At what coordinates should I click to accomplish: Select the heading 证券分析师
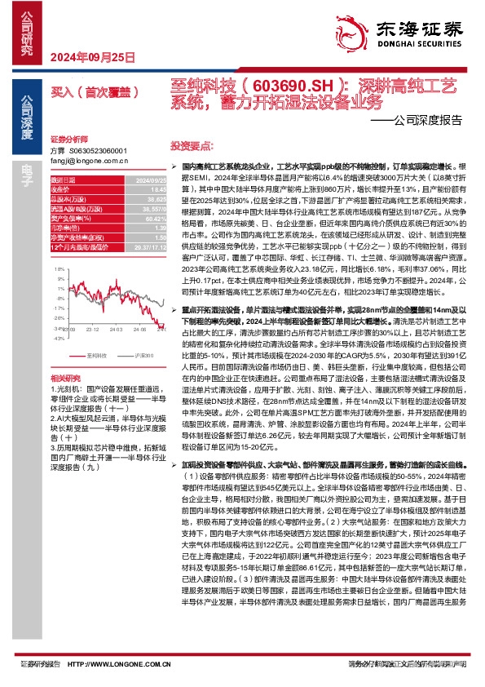[67, 140]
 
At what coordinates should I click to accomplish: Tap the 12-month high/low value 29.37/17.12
[147, 245]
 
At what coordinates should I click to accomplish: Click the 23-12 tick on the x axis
[91, 328]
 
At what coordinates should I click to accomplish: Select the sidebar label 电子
[27, 171]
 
